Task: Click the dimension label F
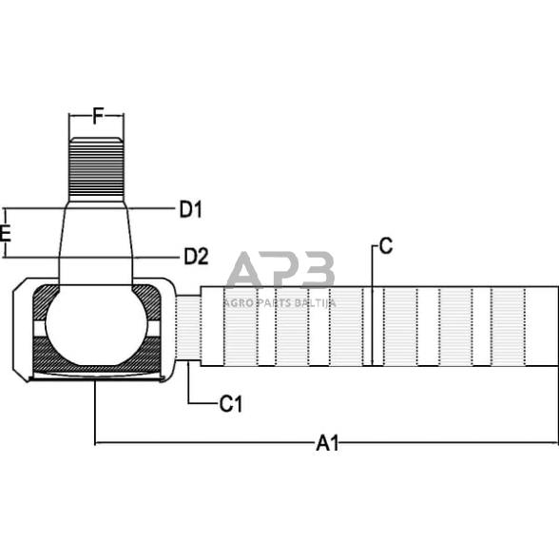click(97, 118)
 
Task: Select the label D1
click(192, 209)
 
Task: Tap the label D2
click(196, 256)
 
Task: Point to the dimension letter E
click(6, 233)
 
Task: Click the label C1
click(231, 404)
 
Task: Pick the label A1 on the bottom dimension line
click(328, 443)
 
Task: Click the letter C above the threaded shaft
click(385, 247)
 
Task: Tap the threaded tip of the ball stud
click(96, 167)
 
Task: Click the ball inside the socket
click(95, 328)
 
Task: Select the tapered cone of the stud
click(95, 242)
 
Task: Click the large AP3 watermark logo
click(282, 271)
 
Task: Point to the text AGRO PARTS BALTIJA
click(279, 302)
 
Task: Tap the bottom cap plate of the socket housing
click(95, 379)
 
